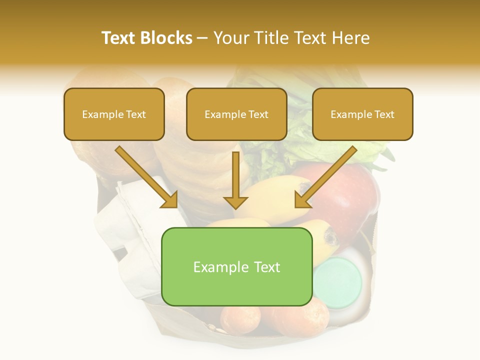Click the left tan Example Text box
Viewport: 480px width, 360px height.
tap(114, 114)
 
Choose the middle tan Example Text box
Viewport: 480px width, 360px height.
tap(236, 114)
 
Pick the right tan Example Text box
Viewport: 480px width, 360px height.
tap(362, 114)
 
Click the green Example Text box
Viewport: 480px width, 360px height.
tap(236, 266)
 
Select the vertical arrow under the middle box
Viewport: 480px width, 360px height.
tap(235, 180)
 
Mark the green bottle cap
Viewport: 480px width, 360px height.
tap(337, 282)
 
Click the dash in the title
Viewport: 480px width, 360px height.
tap(202, 38)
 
